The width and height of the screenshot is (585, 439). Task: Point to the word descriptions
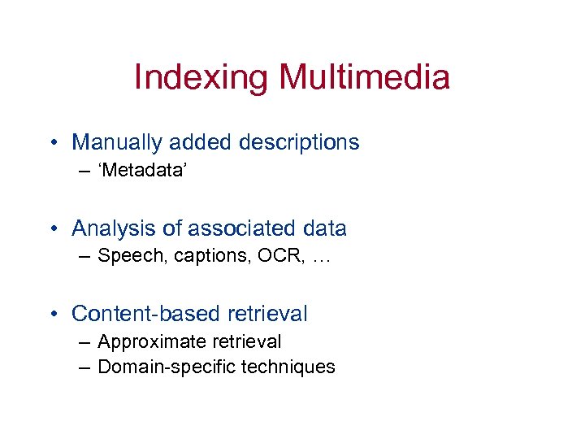pos(299,142)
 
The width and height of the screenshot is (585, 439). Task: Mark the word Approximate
pos(147,341)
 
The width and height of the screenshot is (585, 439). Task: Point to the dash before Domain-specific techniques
pos(85,367)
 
